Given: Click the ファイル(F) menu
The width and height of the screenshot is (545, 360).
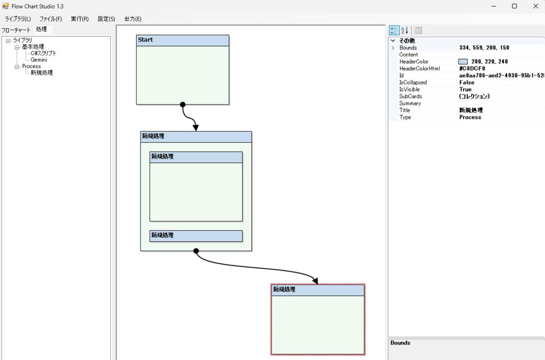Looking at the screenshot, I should [x=51, y=19].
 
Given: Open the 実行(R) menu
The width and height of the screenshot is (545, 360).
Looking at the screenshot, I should [x=79, y=19].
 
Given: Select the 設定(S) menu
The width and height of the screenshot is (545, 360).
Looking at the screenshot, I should [x=106, y=19].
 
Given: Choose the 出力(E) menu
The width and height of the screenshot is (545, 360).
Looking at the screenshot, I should [x=133, y=19].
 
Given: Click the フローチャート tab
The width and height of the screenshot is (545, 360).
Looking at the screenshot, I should [x=16, y=30].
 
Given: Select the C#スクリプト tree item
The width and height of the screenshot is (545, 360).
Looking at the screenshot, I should [x=43, y=53].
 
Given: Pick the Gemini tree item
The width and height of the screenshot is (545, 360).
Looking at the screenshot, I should [x=39, y=60].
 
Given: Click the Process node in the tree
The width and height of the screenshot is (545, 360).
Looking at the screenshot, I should [x=31, y=66].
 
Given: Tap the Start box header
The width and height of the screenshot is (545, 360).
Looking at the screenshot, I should [x=183, y=40].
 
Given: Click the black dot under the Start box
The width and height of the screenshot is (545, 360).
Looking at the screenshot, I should [x=183, y=104].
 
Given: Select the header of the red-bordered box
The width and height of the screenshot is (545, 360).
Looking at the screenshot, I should [x=318, y=290].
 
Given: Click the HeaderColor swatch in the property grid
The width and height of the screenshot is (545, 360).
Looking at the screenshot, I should [x=463, y=62].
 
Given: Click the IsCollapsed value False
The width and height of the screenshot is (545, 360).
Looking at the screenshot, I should [x=466, y=83].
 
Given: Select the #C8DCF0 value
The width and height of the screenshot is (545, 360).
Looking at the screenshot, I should [x=472, y=69].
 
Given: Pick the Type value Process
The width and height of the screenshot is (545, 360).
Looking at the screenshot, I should [x=470, y=117].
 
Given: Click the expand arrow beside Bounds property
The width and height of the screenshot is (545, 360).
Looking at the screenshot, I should [x=393, y=48].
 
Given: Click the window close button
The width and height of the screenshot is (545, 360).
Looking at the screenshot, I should [x=535, y=6].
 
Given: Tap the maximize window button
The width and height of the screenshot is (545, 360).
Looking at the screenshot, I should [x=514, y=6].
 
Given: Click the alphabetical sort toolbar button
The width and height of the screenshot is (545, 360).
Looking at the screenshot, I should [x=404, y=30].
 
